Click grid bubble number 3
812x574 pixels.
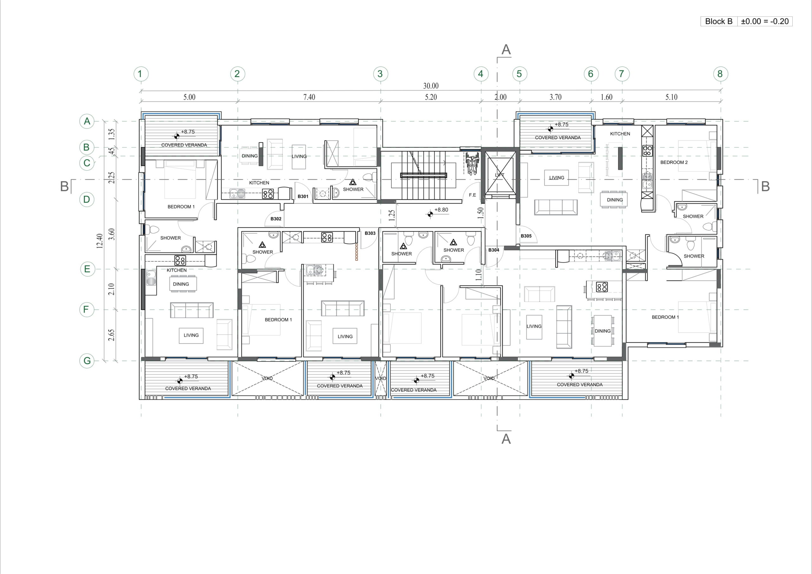(380, 74)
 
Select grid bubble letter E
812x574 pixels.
(87, 269)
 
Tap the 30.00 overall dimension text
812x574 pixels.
(431, 86)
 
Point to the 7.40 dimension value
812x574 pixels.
(309, 97)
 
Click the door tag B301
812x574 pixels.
(303, 197)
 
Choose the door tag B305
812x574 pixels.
(526, 236)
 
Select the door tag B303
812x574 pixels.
(370, 233)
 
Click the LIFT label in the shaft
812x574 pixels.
(499, 175)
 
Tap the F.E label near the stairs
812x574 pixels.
(473, 195)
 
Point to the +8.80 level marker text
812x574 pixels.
(441, 210)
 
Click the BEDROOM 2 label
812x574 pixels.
(674, 162)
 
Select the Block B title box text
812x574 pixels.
(719, 21)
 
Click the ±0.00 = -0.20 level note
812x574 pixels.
(765, 21)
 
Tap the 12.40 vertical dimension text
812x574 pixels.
(100, 241)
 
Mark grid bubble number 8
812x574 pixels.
(720, 74)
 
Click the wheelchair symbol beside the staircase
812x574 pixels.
(472, 163)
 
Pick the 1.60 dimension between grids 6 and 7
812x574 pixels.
(606, 97)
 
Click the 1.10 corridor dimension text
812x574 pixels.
(479, 275)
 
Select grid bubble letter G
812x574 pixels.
(87, 361)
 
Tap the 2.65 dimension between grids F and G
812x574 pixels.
(111, 335)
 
